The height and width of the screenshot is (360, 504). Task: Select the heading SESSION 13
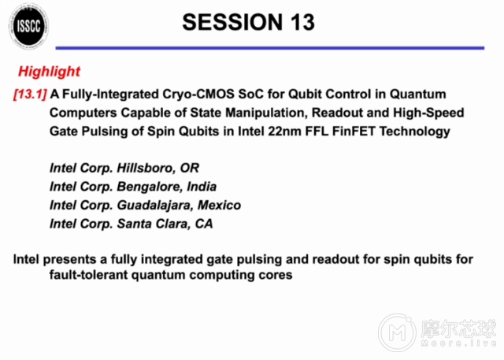(x=248, y=22)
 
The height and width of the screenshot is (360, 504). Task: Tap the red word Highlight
(x=49, y=72)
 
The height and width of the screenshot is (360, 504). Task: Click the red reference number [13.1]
(x=31, y=94)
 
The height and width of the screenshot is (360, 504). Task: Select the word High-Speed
(x=428, y=113)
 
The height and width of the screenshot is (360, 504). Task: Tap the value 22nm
(x=291, y=131)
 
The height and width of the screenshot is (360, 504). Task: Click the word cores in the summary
(x=275, y=276)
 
